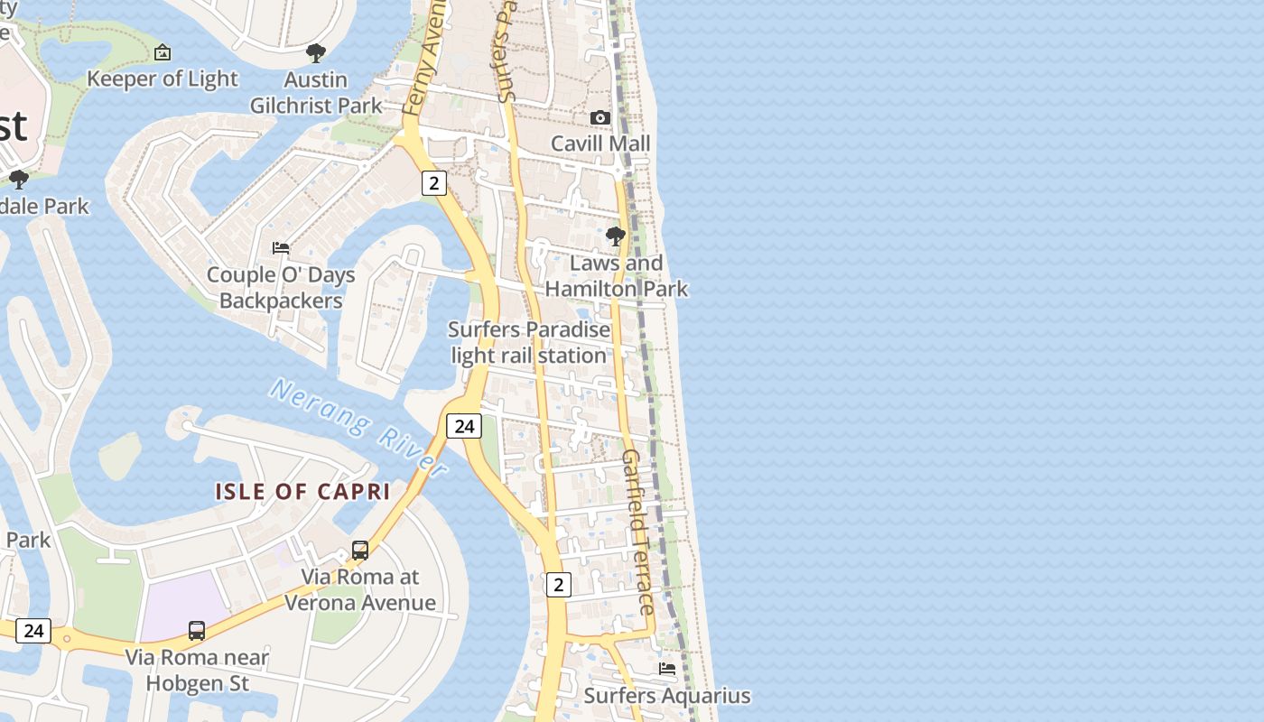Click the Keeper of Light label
(x=163, y=79)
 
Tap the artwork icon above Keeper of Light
(x=163, y=52)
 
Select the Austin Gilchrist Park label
(x=316, y=93)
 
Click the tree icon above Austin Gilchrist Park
(x=316, y=52)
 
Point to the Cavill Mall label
(x=600, y=143)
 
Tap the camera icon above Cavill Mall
(x=600, y=118)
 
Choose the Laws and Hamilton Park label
(x=617, y=276)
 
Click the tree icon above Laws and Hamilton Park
(x=616, y=236)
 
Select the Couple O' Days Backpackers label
(x=281, y=287)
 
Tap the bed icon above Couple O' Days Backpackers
(x=281, y=247)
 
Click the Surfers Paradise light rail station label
(x=529, y=342)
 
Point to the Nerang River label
(x=358, y=428)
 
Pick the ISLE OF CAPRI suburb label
(x=302, y=492)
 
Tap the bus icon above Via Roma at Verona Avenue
(x=359, y=550)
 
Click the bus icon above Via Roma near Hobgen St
(x=197, y=630)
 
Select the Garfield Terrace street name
(x=637, y=532)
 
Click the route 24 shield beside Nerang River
(x=464, y=426)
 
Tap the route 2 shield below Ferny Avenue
(x=434, y=183)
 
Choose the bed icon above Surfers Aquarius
(x=667, y=669)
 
